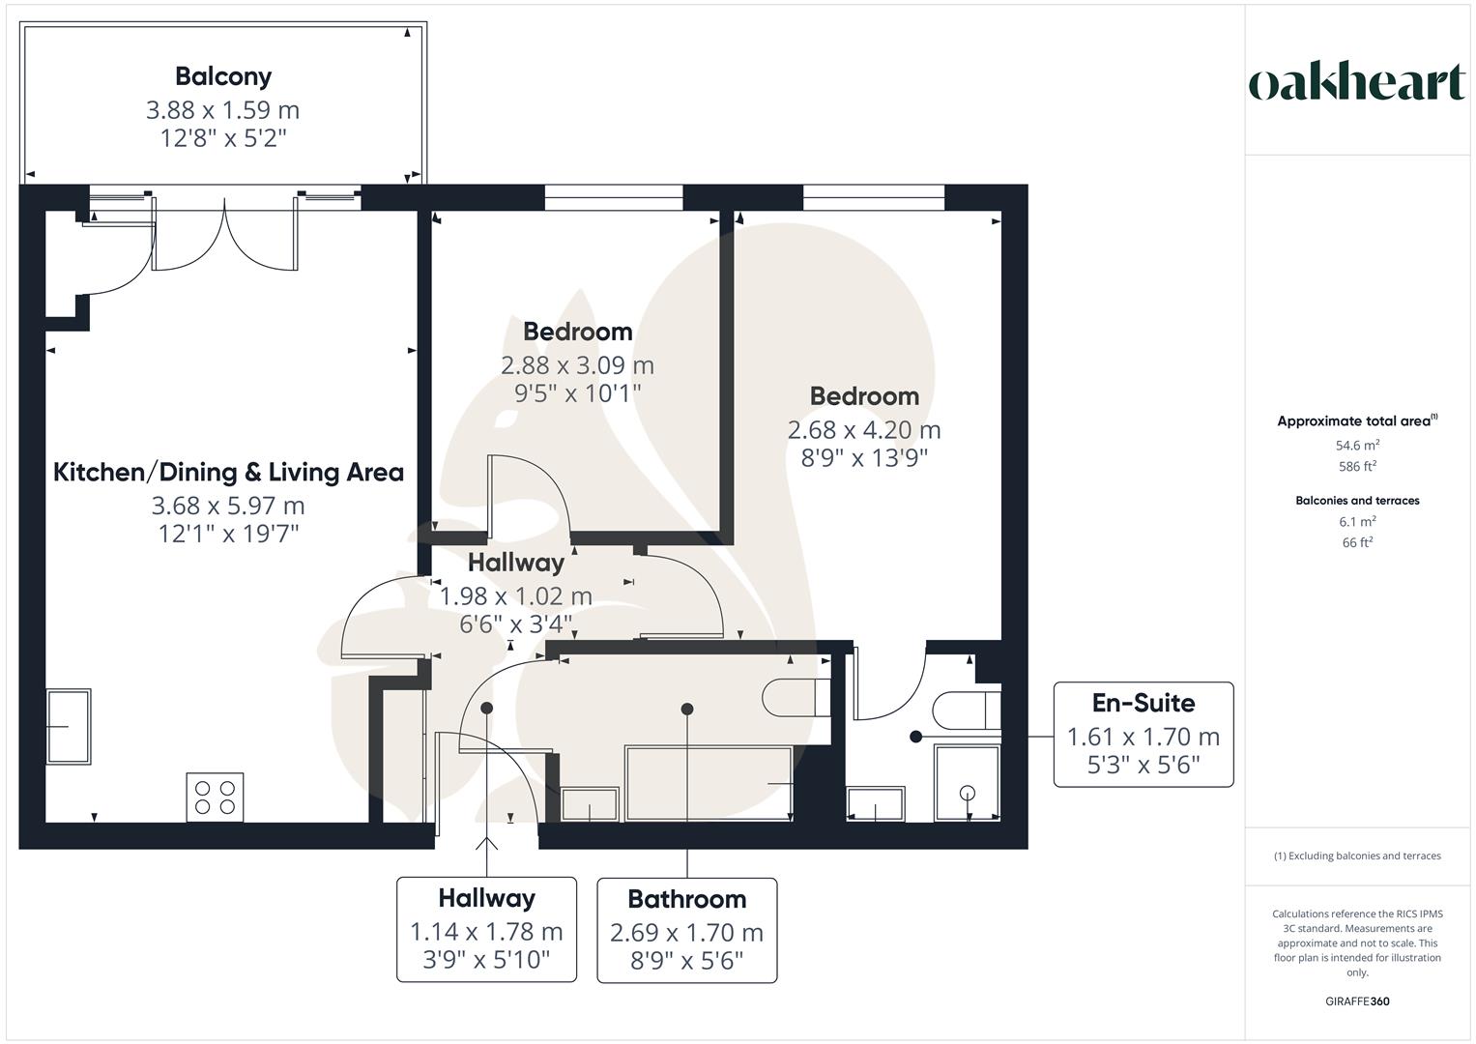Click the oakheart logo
click(1356, 83)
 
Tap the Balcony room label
click(223, 76)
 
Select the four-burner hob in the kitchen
click(215, 797)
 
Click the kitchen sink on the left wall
click(69, 727)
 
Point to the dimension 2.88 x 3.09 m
click(577, 365)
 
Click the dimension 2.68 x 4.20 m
click(863, 430)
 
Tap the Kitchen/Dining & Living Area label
click(228, 473)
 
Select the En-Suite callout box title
click(1143, 704)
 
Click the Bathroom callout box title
click(686, 899)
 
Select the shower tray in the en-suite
click(967, 784)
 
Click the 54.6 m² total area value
click(1357, 446)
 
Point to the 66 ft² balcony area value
click(1357, 542)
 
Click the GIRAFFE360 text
click(1357, 1001)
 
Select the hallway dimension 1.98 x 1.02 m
click(516, 596)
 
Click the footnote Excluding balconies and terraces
click(1357, 855)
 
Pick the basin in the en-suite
click(876, 803)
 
